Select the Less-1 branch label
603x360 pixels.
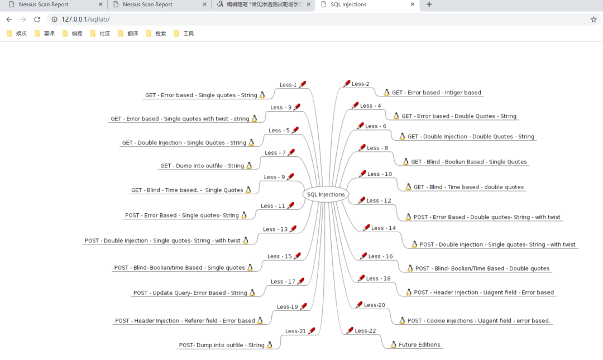click(288, 85)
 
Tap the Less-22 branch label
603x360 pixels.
click(365, 330)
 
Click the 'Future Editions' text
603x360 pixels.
click(419, 345)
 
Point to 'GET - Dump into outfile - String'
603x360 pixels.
click(202, 166)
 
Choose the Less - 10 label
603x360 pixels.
click(380, 174)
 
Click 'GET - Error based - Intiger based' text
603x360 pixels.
click(436, 93)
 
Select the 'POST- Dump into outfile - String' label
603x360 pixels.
click(222, 345)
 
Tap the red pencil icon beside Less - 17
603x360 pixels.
click(301, 281)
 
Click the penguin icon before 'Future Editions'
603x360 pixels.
click(394, 344)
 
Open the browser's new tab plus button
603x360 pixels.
click(429, 4)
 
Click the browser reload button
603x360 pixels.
click(37, 19)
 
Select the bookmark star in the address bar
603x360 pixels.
click(594, 19)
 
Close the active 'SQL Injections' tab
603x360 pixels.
click(413, 4)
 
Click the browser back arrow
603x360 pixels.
click(9, 19)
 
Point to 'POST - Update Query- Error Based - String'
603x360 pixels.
click(190, 293)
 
